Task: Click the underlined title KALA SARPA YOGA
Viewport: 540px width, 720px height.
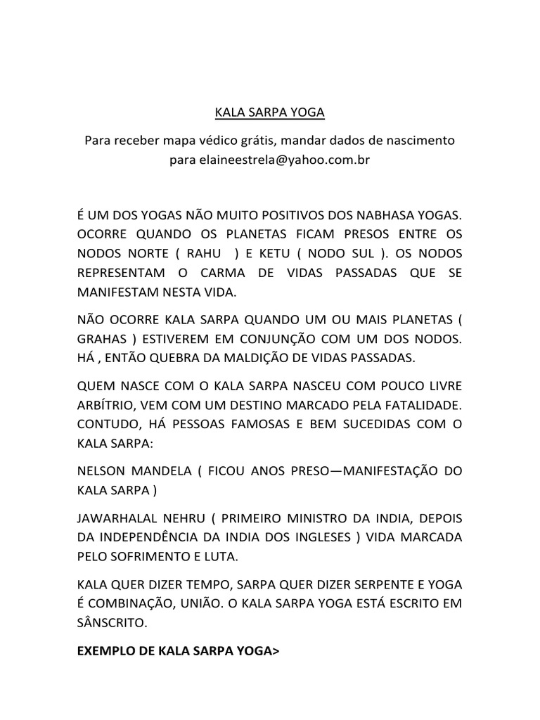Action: [x=269, y=112]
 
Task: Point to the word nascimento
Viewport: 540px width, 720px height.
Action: [x=412, y=140]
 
